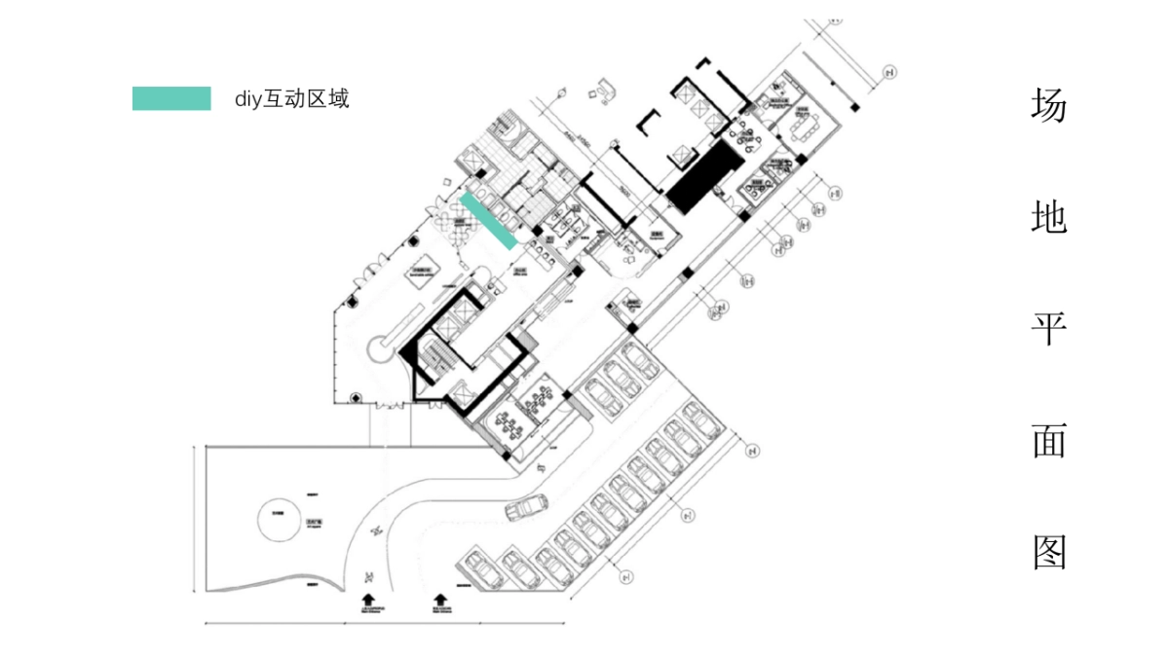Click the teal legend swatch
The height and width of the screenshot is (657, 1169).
click(171, 98)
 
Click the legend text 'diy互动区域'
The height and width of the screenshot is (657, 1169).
click(291, 98)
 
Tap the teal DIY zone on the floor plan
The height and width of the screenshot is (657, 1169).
click(487, 219)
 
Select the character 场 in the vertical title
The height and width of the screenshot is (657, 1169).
click(1049, 105)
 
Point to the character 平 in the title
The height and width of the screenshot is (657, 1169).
click(1049, 329)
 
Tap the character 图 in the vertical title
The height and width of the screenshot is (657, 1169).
click(1049, 552)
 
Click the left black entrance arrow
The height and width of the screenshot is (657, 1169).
click(368, 600)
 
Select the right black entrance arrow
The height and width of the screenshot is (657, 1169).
click(439, 600)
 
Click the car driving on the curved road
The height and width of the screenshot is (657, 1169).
click(526, 507)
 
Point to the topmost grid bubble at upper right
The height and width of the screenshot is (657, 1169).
click(888, 71)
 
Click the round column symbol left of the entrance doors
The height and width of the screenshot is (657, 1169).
click(357, 397)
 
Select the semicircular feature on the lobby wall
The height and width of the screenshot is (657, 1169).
click(378, 347)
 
